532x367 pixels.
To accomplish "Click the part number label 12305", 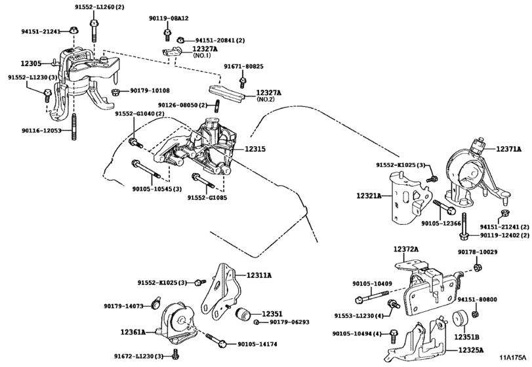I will click(x=30, y=64).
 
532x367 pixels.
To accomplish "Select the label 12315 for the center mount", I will click(x=255, y=149).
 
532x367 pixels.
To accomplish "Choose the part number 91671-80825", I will click(x=243, y=67).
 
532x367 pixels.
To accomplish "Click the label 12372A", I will click(x=406, y=249).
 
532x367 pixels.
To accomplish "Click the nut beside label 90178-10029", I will click(x=478, y=266).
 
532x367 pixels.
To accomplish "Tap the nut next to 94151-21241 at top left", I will click(x=74, y=30).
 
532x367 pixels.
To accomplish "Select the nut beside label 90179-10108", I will click(x=116, y=91).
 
